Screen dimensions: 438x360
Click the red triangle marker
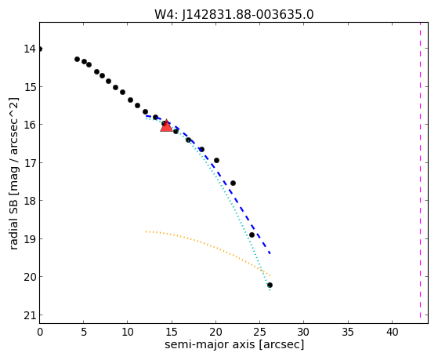166,125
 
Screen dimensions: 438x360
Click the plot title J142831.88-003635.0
248,15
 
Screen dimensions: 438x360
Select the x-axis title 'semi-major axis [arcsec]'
234,344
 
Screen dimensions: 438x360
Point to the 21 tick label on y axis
30,315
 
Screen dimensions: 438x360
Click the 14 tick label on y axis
30,49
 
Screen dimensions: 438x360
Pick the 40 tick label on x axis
392,332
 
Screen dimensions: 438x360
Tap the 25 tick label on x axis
259,332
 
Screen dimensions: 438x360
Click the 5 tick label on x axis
84,332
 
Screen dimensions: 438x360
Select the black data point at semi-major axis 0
40,49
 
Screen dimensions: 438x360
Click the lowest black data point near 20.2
270,285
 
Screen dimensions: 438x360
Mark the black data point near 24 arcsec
252,235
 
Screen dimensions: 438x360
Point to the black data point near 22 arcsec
233,184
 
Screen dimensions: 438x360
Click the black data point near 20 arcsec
216,160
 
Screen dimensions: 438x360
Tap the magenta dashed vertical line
420,171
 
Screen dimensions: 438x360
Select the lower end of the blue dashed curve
270,253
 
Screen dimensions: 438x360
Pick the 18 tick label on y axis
30,201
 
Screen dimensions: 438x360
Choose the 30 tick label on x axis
304,332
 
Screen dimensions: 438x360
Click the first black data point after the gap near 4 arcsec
77,59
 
